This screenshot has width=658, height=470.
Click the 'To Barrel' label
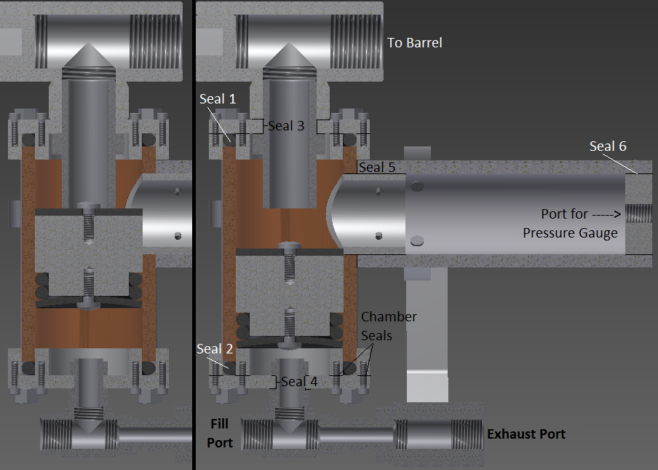414,43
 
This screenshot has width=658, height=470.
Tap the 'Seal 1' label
218,98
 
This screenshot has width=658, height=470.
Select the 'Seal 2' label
215,348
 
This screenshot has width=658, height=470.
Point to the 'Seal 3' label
286,125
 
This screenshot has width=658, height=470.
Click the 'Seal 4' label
299,381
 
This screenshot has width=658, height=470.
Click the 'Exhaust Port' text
526,434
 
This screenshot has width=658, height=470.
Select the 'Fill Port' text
220,433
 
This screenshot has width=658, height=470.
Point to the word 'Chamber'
389,317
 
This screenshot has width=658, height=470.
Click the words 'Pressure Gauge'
570,233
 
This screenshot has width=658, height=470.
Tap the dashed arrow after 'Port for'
606,214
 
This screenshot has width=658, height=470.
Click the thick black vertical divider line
194,235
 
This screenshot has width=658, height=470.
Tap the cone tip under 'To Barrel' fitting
289,44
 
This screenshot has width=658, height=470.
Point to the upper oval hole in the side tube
416,186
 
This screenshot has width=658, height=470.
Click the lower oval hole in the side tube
416,240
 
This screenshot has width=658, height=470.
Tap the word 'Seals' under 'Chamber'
376,336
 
